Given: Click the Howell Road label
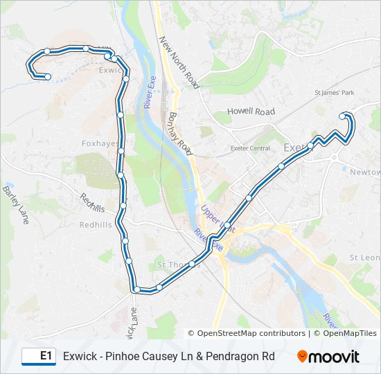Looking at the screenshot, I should (x=251, y=112).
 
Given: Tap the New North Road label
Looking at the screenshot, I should (x=179, y=62).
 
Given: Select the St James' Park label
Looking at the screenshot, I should (x=334, y=92).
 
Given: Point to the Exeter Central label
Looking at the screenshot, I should (x=250, y=149).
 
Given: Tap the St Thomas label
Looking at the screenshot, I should (x=174, y=265).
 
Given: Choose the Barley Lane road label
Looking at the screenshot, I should (x=15, y=204).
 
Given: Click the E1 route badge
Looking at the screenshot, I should (x=39, y=356).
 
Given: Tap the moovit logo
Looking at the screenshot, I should (x=328, y=357).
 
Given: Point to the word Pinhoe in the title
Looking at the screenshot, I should (x=122, y=357).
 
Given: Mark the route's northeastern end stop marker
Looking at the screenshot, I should (x=342, y=116).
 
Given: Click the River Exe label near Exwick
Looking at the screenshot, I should (x=148, y=93).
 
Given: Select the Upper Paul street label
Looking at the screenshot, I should (x=213, y=217).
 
